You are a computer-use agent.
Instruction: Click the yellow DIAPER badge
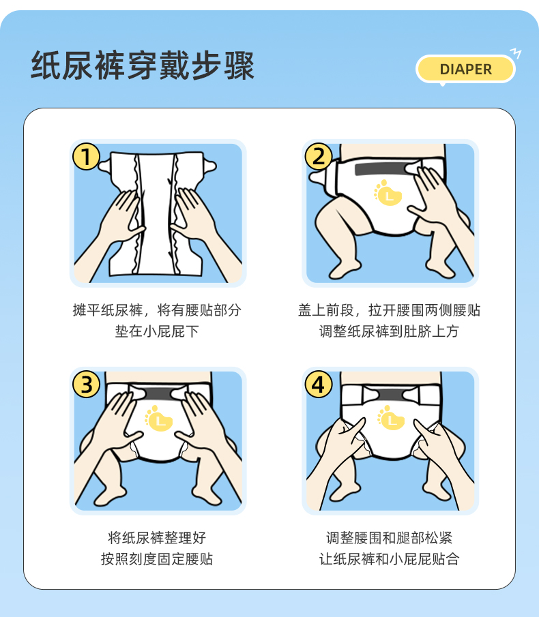465,69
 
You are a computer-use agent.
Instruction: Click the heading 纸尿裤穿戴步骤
143,66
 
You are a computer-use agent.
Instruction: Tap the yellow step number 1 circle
86,156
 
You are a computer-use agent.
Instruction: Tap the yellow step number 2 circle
319,156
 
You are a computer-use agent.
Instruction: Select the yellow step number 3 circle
86,385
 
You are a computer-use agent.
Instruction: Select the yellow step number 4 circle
319,385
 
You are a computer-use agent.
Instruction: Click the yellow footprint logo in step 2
387,193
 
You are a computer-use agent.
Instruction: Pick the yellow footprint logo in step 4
390,417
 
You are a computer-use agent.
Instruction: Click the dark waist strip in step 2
378,168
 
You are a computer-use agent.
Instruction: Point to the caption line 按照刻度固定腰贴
157,560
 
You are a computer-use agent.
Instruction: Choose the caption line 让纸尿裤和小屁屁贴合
389,560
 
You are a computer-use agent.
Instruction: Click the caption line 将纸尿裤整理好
157,537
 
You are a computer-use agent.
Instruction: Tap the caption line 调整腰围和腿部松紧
389,537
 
